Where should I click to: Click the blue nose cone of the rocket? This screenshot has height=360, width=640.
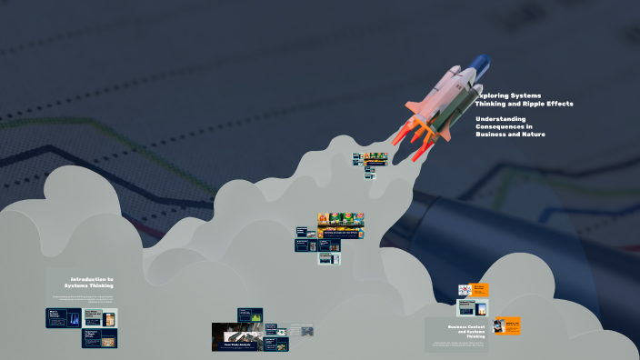tap(481, 64)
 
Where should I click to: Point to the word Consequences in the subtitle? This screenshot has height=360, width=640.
tap(503, 126)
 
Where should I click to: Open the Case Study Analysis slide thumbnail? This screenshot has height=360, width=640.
tap(237, 337)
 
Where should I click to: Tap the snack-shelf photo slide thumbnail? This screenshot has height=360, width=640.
tap(341, 220)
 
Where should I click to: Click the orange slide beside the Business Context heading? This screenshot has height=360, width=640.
tap(507, 325)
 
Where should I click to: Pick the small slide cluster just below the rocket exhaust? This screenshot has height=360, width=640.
tap(370, 163)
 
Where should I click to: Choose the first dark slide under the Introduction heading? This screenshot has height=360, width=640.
tap(63, 318)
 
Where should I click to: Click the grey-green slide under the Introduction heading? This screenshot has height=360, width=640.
tap(100, 318)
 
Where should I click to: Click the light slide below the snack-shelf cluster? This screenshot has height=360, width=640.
tap(328, 258)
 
